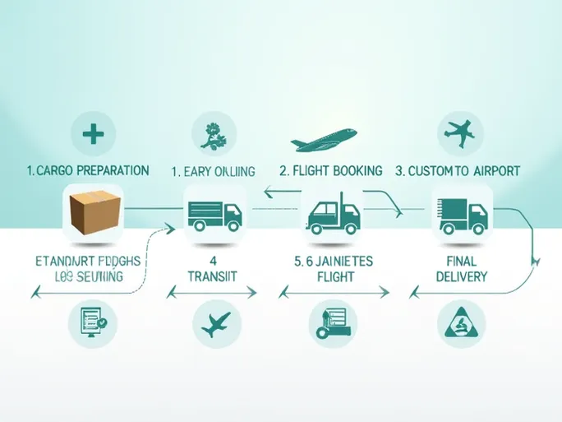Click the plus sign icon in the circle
pyautogui.click(x=93, y=132)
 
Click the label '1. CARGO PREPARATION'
pyautogui.click(x=87, y=171)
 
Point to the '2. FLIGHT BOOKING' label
pyautogui.click(x=331, y=171)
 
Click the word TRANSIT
pyautogui.click(x=214, y=277)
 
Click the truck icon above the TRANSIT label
pyautogui.click(x=214, y=215)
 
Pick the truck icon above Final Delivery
pyautogui.click(x=462, y=215)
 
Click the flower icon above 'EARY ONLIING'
pyautogui.click(x=214, y=133)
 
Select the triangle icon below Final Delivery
pyautogui.click(x=461, y=322)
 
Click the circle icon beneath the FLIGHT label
pyautogui.click(x=334, y=322)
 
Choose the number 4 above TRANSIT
pyautogui.click(x=214, y=261)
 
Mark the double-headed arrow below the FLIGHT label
pyautogui.click(x=334, y=293)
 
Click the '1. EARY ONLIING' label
pyautogui.click(x=213, y=171)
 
